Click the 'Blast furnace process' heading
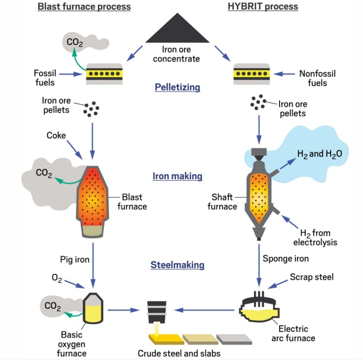click(x=84, y=7)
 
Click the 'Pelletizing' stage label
click(x=177, y=87)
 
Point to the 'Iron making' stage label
click(x=177, y=176)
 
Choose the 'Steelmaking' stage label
click(x=177, y=265)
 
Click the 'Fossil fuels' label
click(x=44, y=78)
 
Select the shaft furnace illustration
click(x=259, y=195)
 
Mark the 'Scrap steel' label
click(x=311, y=277)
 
